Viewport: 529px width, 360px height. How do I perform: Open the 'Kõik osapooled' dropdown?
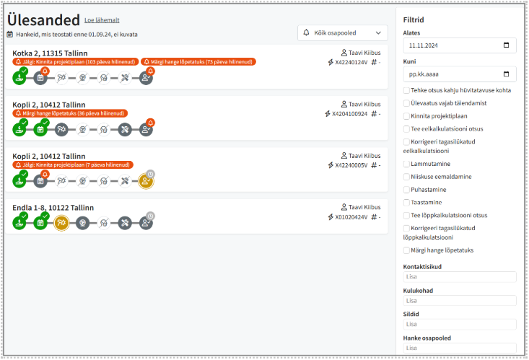pos(342,32)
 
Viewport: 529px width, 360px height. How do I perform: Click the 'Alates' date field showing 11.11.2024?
pos(460,45)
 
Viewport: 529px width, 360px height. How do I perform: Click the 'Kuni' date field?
pos(460,74)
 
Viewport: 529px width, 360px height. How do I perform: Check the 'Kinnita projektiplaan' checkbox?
pos(407,115)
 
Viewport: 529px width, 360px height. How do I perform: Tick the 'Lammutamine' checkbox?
pos(407,164)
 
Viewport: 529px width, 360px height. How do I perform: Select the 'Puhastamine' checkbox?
pos(407,189)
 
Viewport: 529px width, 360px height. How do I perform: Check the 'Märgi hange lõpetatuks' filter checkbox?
pos(407,250)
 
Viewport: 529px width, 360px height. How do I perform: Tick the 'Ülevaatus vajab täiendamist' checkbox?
pos(407,102)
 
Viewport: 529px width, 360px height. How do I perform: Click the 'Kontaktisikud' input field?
pos(460,277)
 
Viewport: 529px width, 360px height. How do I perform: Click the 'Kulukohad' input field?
pos(460,301)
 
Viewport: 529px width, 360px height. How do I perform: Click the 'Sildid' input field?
pos(460,325)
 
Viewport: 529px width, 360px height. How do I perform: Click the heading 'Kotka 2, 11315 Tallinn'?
pos(50,53)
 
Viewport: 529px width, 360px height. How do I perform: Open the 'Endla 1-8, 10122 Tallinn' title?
pos(53,208)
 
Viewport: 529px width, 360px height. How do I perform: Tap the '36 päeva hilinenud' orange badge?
pos(70,113)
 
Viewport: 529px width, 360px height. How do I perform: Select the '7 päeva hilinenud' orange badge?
pos(73,165)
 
